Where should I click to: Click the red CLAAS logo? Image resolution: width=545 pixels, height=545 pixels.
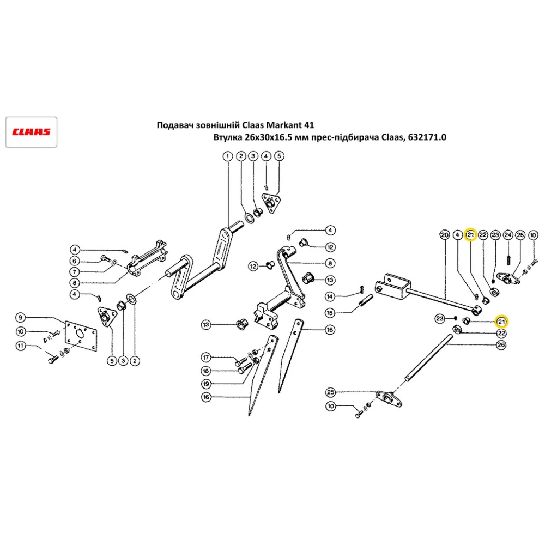[32, 132]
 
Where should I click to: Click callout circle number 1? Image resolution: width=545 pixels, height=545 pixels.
[227, 156]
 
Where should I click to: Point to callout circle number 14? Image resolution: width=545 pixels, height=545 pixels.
[330, 296]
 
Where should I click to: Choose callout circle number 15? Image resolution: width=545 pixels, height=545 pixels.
[330, 313]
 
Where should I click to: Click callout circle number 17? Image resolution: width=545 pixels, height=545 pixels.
[205, 358]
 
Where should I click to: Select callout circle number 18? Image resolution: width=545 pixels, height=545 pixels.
[205, 371]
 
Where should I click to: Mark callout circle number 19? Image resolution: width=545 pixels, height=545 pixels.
[205, 384]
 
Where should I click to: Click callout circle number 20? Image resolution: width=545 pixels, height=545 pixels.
[444, 235]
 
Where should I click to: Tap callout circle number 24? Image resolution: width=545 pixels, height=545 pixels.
[507, 235]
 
